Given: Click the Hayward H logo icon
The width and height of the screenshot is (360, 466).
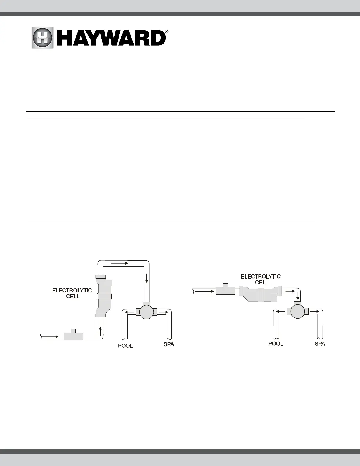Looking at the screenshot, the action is point(43,38).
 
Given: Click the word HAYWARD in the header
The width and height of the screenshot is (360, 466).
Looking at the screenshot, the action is point(112,38).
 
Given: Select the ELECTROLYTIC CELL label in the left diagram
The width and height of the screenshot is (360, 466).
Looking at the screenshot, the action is point(72,293).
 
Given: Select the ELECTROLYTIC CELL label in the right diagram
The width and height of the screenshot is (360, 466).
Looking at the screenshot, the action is point(261,279).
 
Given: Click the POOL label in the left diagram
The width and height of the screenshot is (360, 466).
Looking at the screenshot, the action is point(125,346).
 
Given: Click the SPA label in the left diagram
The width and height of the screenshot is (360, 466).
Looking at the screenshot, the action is point(169,344).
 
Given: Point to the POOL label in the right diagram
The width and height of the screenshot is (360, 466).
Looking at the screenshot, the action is point(276,343).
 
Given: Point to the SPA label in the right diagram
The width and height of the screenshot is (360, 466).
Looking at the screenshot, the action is point(320,343).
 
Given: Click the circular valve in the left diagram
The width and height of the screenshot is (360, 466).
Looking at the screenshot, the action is point(146,312).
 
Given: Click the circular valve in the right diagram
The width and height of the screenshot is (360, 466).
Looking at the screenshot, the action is point(298,311).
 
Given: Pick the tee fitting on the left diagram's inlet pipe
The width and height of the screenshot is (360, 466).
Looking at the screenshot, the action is point(73,335).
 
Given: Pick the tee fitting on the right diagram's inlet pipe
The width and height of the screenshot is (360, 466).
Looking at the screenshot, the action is point(225,290).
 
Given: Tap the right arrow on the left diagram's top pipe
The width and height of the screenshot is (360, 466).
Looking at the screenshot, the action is point(120,263).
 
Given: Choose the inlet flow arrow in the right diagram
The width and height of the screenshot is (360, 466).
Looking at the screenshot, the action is point(205,291).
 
